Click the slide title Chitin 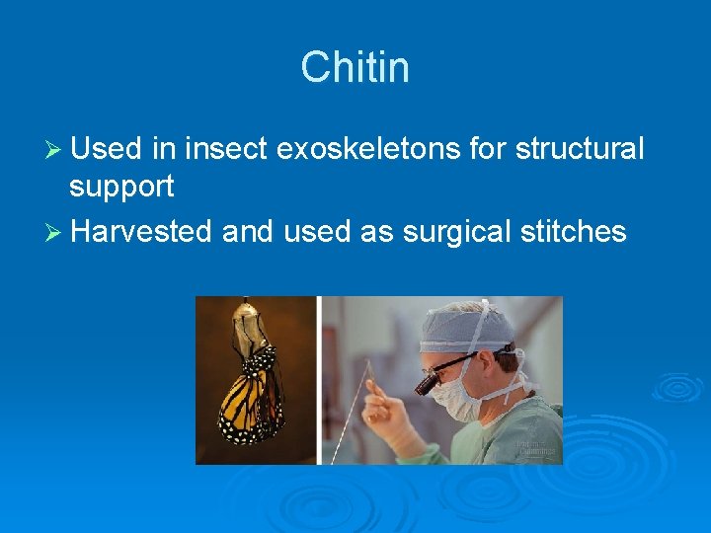[355, 68]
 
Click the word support [121, 186]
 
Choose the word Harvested [142, 231]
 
